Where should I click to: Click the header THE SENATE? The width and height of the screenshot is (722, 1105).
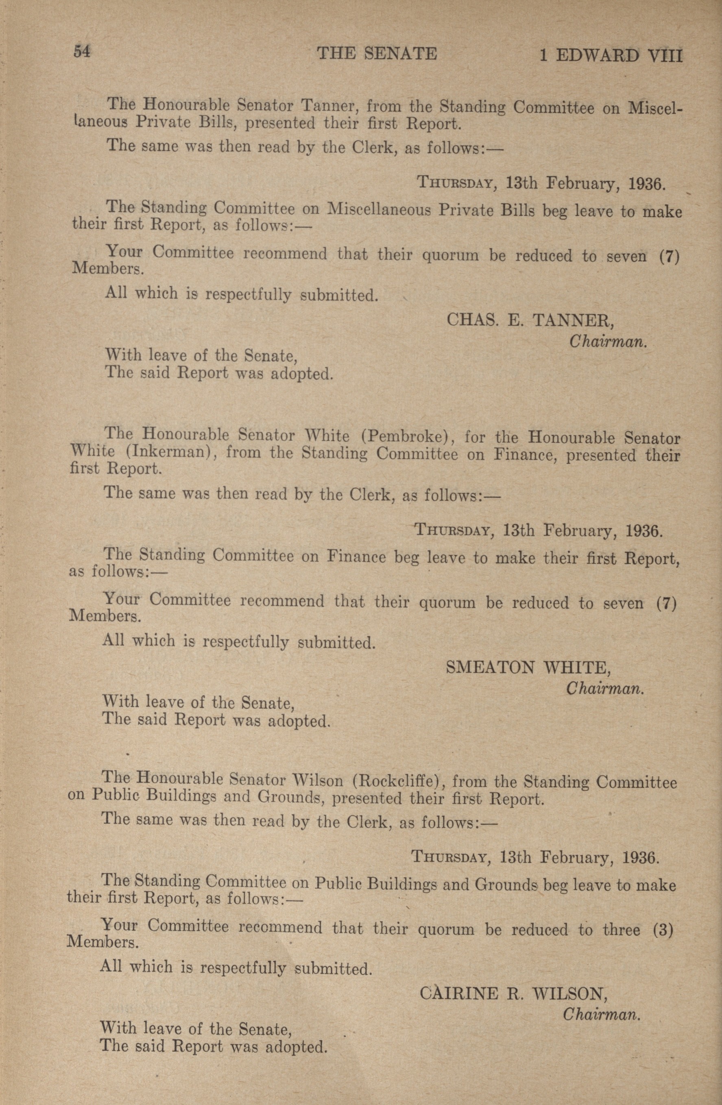[x=377, y=54]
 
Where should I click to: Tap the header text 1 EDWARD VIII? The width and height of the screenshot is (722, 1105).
[x=611, y=56]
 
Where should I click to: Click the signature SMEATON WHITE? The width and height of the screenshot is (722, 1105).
[x=528, y=667]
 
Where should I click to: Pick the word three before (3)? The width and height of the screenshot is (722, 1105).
[x=622, y=930]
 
